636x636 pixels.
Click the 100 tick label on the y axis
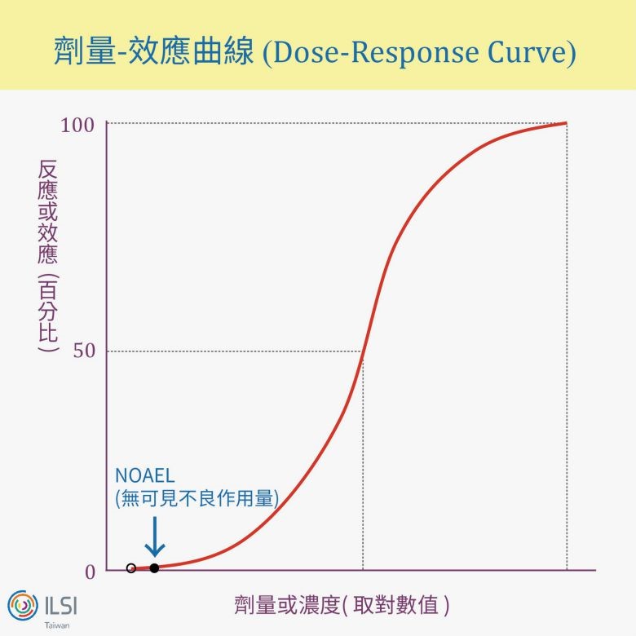point(77,125)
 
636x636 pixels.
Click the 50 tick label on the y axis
point(83,351)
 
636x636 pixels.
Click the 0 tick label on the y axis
point(90,571)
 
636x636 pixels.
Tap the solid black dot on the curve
point(154,568)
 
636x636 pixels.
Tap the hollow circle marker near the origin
point(131,568)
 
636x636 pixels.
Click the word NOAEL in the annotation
point(145,475)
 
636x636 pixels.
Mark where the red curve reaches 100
point(566,123)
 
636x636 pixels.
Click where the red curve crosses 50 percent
point(363,351)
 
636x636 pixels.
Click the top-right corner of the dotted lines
point(567,123)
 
